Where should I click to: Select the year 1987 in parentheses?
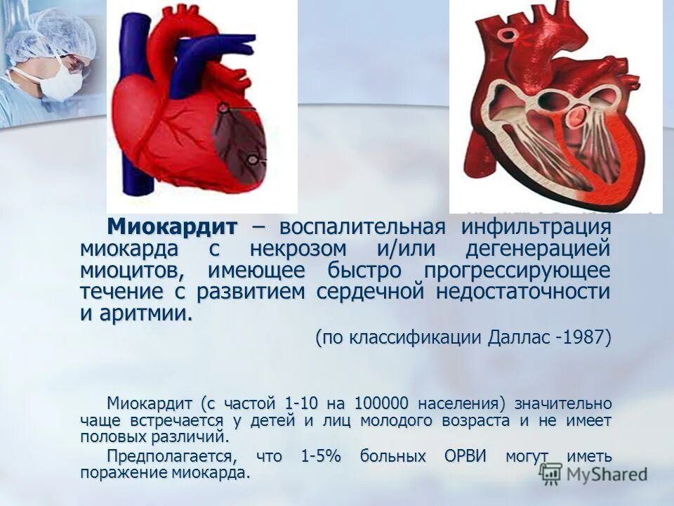(582, 337)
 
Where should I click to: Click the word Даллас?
(517, 337)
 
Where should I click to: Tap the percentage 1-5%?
(320, 456)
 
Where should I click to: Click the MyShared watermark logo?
(594, 473)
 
